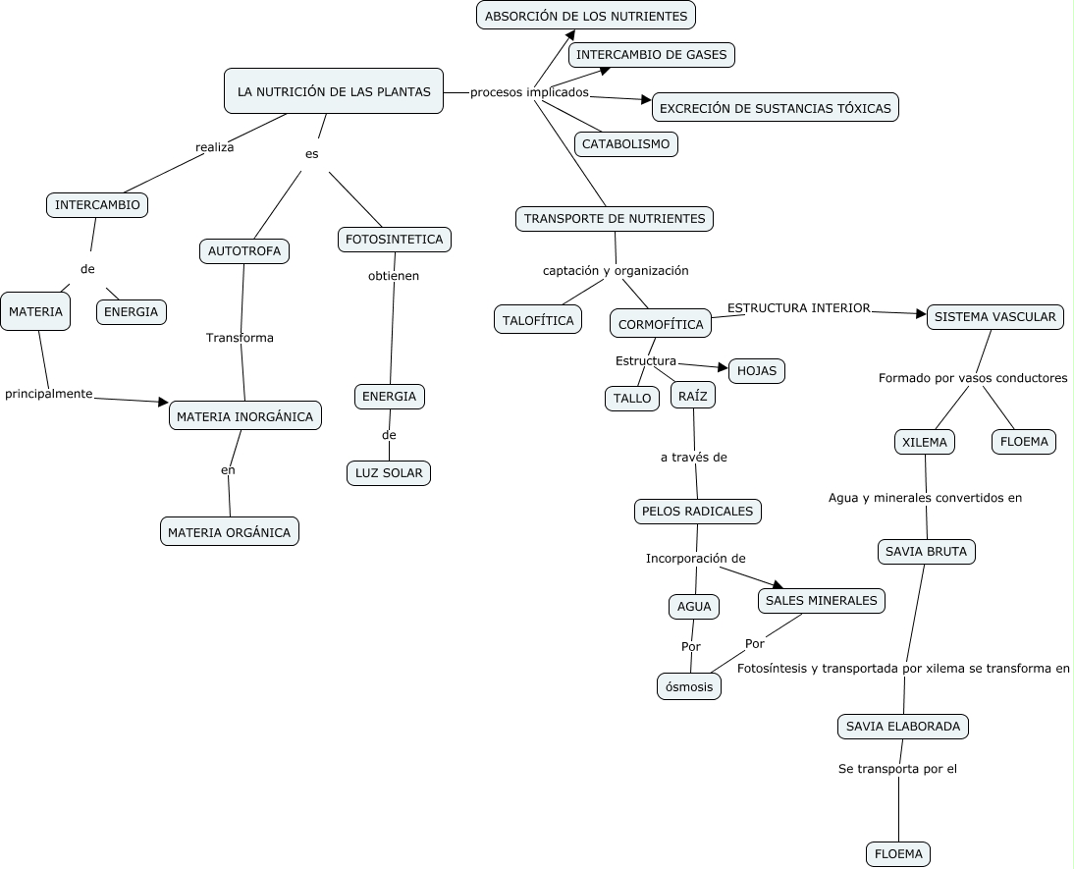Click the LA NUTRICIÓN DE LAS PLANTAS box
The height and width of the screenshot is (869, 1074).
click(334, 91)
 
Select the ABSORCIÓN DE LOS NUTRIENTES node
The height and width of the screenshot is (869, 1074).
click(586, 16)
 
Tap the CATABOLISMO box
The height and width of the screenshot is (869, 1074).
click(626, 144)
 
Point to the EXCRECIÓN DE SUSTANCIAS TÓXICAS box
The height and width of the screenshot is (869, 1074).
click(776, 108)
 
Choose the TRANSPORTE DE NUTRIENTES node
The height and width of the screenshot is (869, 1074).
click(615, 219)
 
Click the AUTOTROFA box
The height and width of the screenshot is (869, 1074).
click(244, 250)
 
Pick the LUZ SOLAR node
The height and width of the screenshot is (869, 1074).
click(389, 473)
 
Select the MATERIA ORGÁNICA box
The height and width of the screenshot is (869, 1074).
click(230, 532)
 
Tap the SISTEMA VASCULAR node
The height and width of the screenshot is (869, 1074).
click(995, 316)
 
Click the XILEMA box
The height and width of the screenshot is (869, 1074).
click(925, 442)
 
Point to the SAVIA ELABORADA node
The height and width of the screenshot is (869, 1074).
click(903, 727)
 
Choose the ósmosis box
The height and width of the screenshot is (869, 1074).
click(689, 686)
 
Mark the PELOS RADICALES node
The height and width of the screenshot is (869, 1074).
click(697, 512)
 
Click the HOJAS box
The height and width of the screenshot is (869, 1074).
click(757, 371)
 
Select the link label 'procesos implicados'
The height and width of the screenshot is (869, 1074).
click(529, 92)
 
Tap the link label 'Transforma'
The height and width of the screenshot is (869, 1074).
click(240, 337)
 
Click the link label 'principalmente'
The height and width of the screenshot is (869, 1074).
click(49, 394)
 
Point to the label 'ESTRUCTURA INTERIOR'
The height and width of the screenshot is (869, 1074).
click(799, 307)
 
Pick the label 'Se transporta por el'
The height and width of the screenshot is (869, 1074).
click(897, 769)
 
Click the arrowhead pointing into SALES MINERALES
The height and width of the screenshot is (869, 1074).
click(779, 585)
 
